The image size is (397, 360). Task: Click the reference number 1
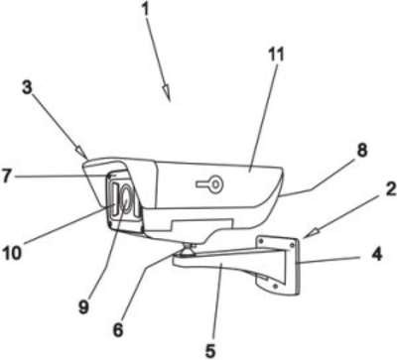tap(145, 11)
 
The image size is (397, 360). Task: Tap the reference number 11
tap(276, 55)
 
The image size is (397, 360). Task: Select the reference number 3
tap(27, 88)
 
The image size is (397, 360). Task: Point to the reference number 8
tap(362, 151)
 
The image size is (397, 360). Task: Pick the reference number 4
tap(376, 255)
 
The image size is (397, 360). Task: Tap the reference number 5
tap(210, 350)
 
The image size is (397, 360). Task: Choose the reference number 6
tap(118, 329)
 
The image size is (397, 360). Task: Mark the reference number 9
tap(83, 306)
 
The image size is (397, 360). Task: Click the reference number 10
tap(12, 253)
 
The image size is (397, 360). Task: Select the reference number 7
tap(7, 176)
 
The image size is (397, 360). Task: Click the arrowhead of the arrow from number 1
tap(167, 93)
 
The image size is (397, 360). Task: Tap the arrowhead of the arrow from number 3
tap(81, 153)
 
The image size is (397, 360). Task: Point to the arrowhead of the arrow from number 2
tap(311, 232)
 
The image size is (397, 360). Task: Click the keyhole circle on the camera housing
tap(215, 182)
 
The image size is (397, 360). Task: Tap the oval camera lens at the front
tap(125, 200)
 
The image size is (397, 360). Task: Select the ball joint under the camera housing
tap(187, 250)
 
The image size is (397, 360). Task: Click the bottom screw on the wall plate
tap(275, 286)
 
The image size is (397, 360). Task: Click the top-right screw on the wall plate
tap(292, 245)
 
